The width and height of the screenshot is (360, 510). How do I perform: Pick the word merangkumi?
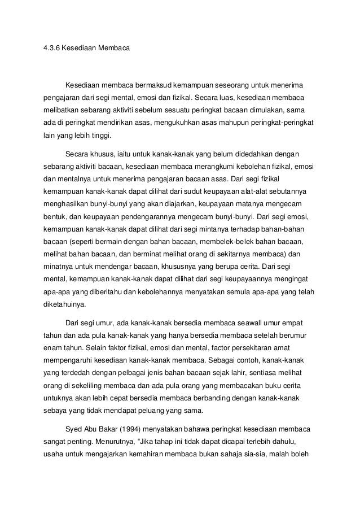(216, 167)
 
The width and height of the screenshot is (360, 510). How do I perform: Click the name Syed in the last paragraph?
(74, 430)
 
